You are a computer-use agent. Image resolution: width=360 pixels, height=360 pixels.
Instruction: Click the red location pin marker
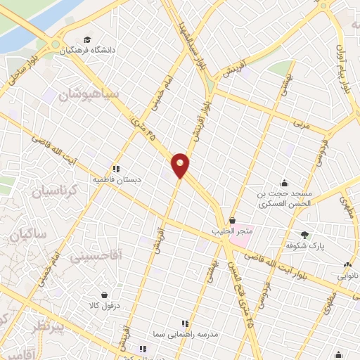point(181,165)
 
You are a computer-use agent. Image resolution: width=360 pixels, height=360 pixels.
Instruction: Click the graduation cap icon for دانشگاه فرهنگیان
point(86,40)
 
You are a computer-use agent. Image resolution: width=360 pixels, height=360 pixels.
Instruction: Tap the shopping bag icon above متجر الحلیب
point(232,221)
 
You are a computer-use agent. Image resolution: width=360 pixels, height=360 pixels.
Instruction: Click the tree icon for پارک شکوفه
point(304,236)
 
